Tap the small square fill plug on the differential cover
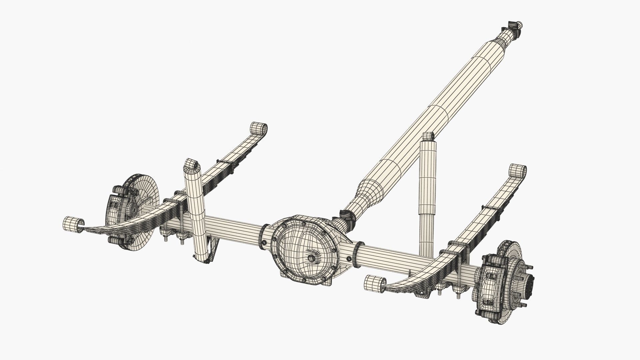pyautogui.click(x=312, y=257)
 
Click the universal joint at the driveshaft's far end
pyautogui.click(x=513, y=27)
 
